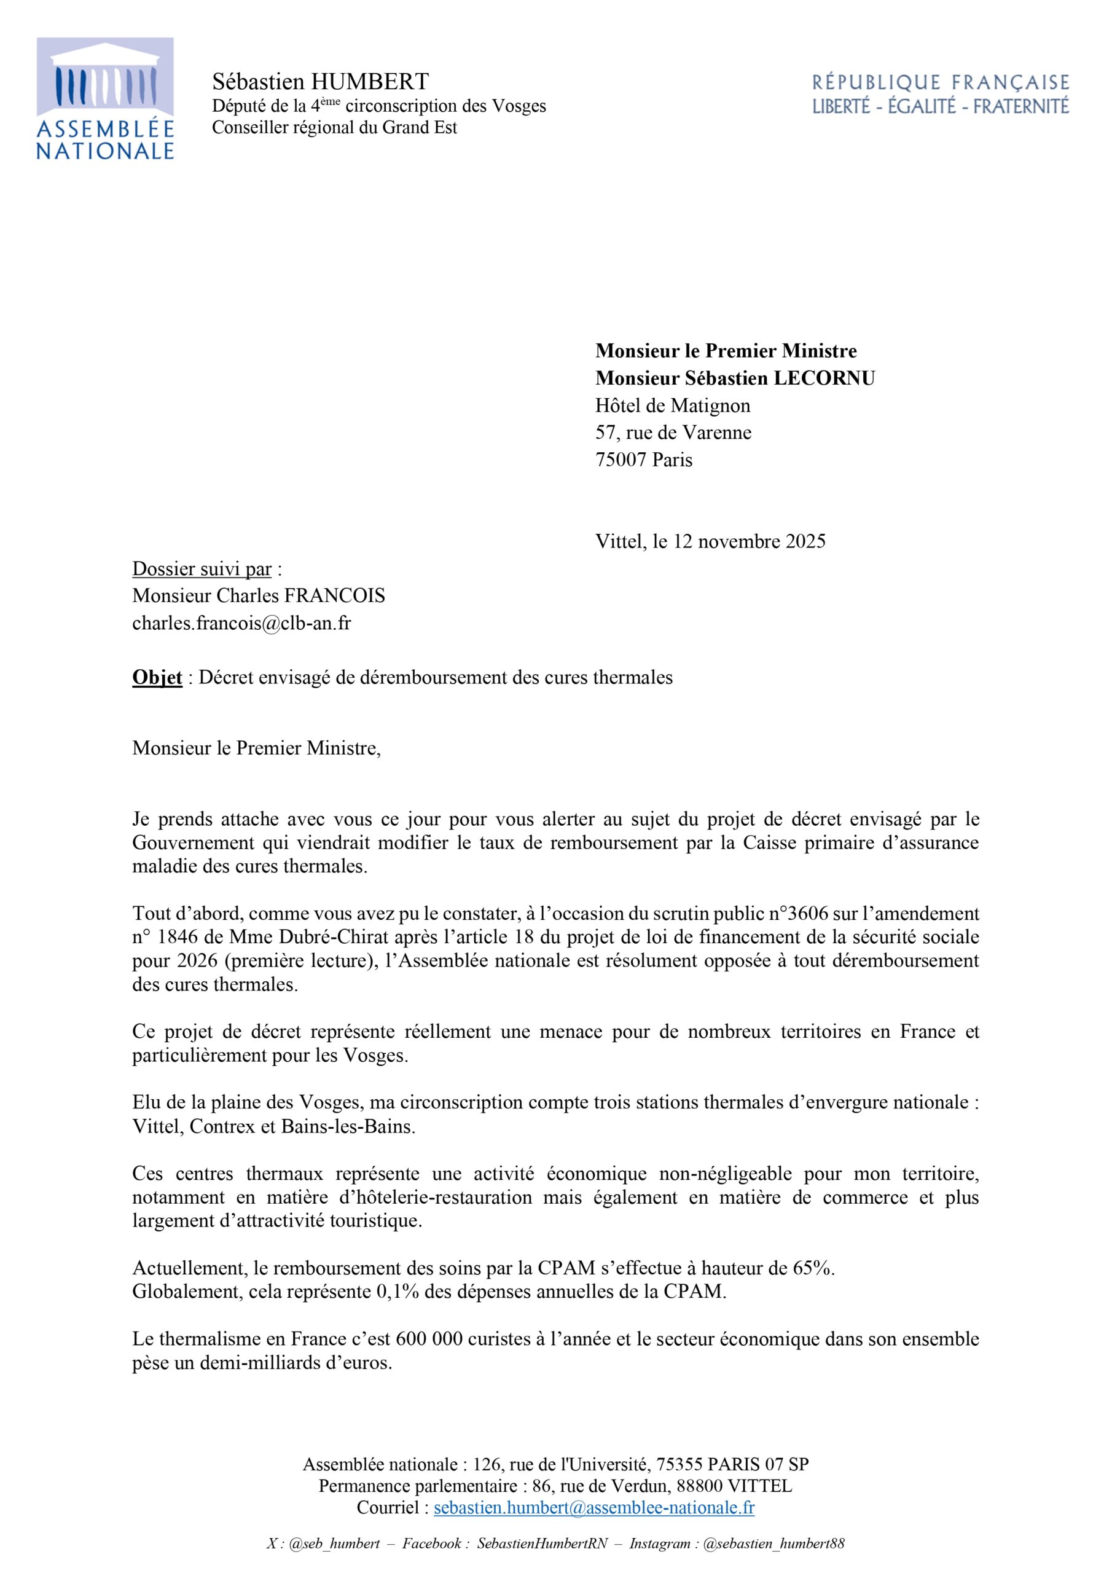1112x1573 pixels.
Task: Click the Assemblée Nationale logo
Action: [105, 99]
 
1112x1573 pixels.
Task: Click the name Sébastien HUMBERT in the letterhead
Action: [320, 82]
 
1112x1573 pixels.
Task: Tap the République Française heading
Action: [940, 83]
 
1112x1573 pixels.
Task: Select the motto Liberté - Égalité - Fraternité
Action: [940, 106]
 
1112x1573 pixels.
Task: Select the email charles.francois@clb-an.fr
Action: [241, 624]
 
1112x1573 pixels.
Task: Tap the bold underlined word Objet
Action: [157, 678]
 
